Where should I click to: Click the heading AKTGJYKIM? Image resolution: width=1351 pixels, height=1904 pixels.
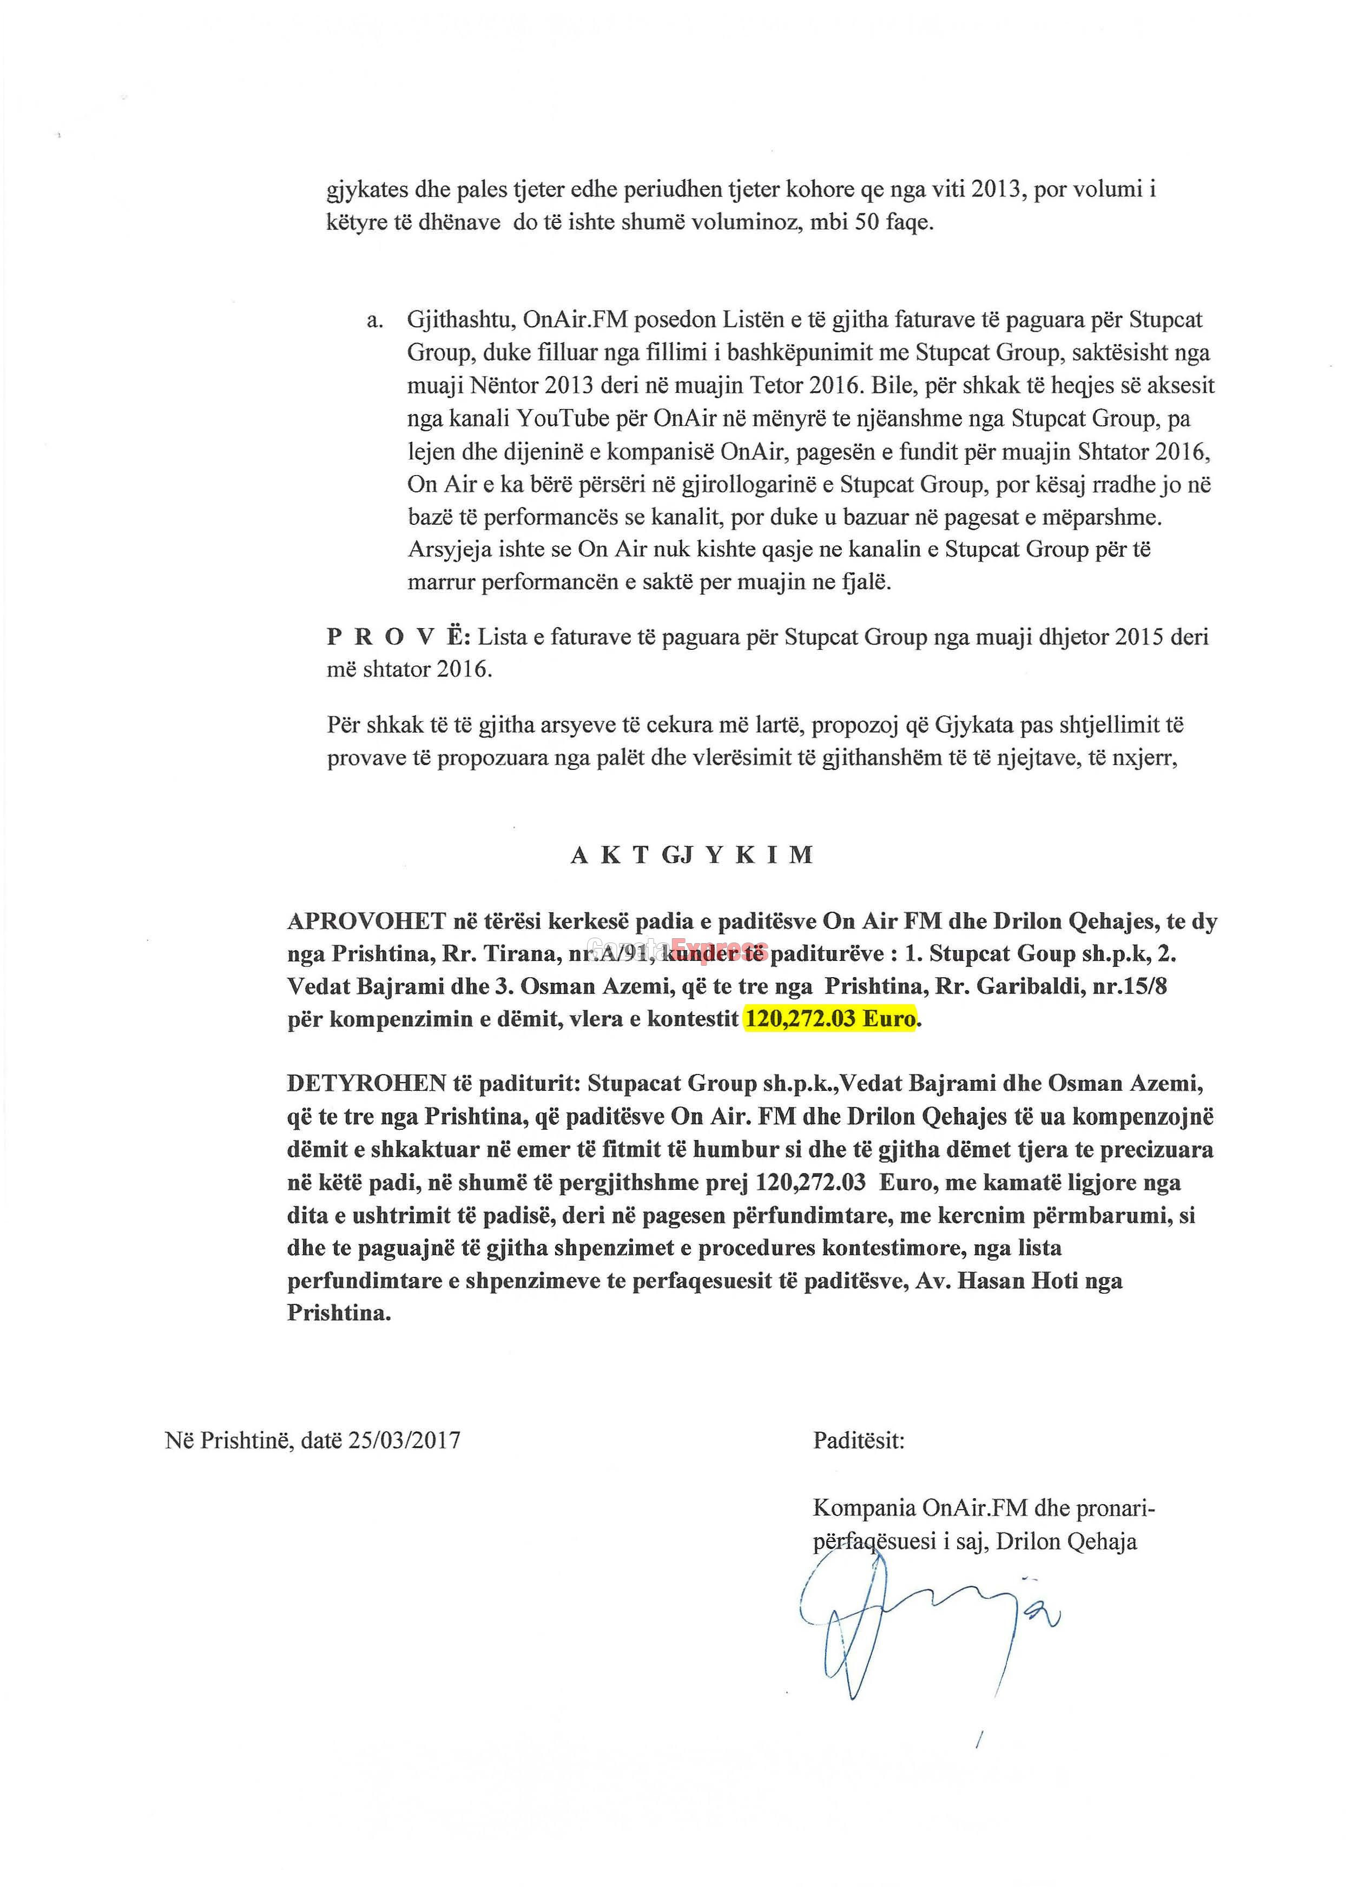pyautogui.click(x=691, y=855)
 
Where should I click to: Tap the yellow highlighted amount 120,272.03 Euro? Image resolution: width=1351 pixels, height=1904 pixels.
pyautogui.click(x=829, y=1019)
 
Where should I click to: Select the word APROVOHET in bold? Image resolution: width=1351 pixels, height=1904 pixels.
pyautogui.click(x=367, y=921)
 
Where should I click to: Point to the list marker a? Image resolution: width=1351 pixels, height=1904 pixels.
pyautogui.click(x=374, y=321)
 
